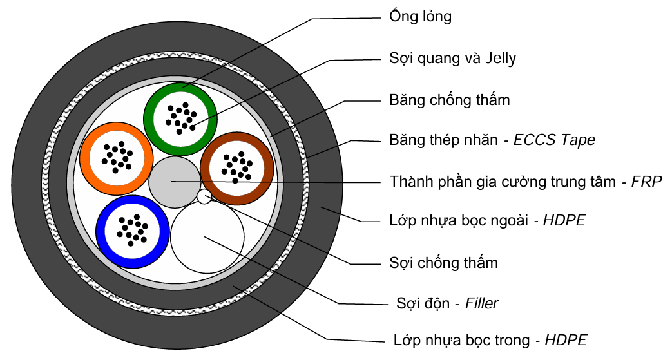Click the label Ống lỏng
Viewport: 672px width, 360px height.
click(420, 17)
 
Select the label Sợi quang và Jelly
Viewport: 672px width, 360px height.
click(452, 59)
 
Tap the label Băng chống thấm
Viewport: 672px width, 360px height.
click(449, 100)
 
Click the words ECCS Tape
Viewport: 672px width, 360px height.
click(554, 140)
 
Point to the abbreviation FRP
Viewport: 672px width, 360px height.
click(646, 182)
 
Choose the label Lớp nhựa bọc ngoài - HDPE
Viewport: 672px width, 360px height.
click(487, 221)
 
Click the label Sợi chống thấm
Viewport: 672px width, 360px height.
click(443, 263)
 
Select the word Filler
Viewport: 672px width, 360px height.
click(481, 303)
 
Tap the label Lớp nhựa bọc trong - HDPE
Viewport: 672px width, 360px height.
click(490, 339)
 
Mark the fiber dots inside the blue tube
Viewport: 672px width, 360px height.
click(133, 231)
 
